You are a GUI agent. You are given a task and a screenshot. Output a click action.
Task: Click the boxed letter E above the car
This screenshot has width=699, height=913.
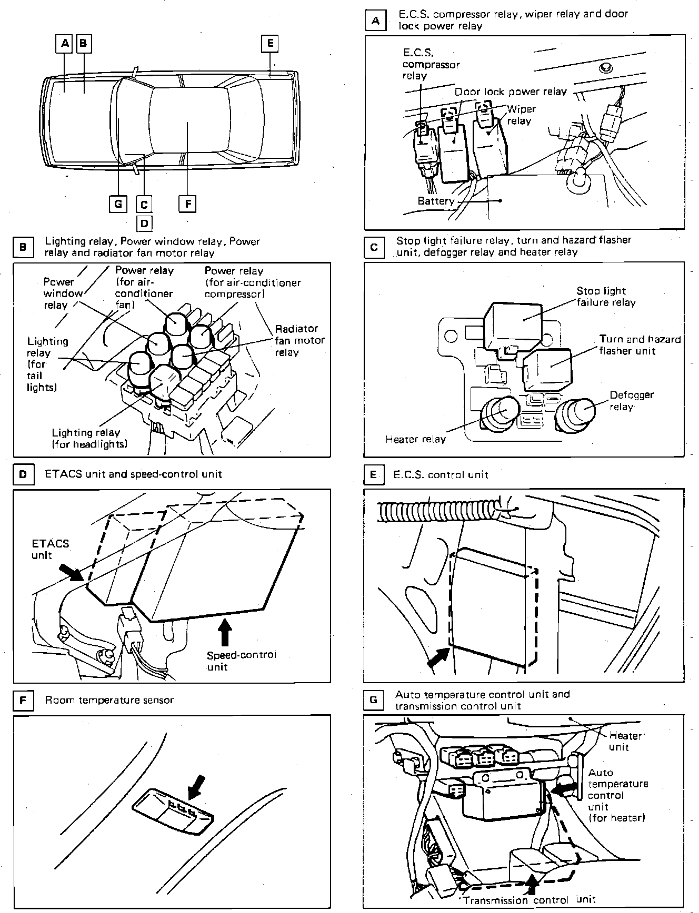[270, 43]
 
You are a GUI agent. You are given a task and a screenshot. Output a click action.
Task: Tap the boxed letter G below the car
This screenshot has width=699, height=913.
[118, 203]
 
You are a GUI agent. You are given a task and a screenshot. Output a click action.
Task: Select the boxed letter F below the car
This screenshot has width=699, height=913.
[187, 203]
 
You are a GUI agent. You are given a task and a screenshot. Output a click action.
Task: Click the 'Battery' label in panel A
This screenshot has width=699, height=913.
[436, 201]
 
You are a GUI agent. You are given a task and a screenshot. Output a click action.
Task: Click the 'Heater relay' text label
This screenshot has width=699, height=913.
[415, 439]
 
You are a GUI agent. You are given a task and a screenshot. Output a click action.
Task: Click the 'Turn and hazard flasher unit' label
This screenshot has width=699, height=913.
[640, 345]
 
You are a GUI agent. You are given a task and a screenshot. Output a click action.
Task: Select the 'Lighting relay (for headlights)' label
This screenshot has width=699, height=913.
[89, 438]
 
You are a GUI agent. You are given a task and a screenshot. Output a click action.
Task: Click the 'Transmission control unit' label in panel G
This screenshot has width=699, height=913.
[530, 899]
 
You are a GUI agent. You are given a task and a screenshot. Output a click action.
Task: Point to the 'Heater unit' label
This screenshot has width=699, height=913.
[624, 742]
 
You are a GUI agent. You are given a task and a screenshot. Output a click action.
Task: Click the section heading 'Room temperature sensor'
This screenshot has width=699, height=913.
[109, 700]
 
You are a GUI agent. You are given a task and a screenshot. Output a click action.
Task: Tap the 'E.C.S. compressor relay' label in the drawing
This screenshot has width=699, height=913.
[431, 64]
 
